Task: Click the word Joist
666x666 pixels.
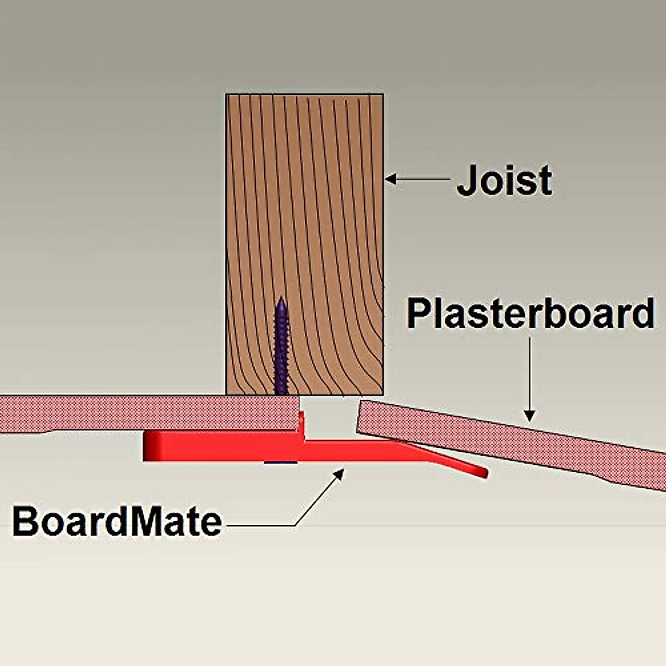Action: pos(504,180)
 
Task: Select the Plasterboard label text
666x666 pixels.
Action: pos(530,314)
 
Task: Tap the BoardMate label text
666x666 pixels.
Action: pos(117,522)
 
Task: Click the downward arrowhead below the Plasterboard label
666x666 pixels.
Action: pos(529,415)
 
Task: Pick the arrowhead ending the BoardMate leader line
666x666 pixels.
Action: pos(339,472)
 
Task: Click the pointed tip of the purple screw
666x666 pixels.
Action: pos(281,300)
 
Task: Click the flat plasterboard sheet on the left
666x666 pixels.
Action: pos(139,413)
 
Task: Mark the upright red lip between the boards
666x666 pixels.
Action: pos(302,425)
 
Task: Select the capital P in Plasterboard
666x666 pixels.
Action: pos(417,314)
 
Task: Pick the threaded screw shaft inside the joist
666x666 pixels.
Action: pos(281,350)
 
